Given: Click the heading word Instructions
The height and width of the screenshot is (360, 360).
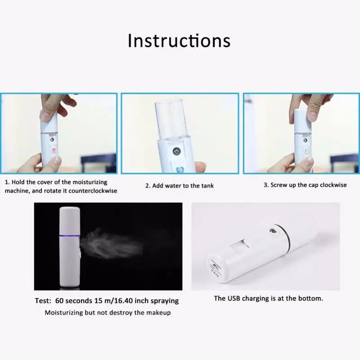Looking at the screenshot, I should click(179, 40).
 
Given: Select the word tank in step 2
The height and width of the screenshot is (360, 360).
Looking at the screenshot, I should click(207, 185).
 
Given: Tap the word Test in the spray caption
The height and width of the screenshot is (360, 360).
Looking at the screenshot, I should click(44, 301).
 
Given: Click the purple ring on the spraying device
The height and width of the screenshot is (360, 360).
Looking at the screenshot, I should click(70, 235).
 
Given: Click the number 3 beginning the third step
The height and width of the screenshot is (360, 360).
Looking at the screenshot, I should click(265, 185).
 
